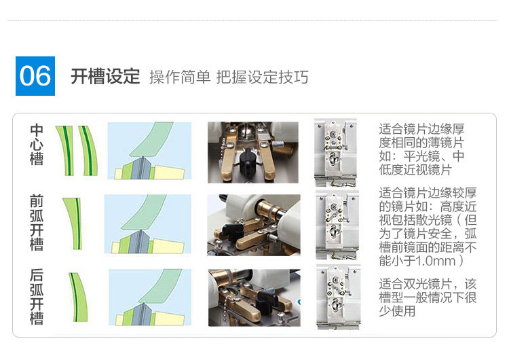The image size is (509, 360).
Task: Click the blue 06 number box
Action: [x=35, y=76]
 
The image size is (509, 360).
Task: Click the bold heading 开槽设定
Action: [x=105, y=77]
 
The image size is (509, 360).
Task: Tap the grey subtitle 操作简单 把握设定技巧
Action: [x=229, y=77]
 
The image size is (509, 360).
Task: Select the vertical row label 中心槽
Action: [x=37, y=144]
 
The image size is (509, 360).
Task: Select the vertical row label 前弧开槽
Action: [x=37, y=223]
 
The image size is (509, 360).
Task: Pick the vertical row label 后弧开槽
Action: [x=37, y=296]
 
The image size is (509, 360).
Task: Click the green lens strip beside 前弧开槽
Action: [x=74, y=223]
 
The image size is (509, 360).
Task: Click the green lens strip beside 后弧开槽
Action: [x=78, y=297]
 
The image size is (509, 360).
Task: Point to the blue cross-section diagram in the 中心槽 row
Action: [x=149, y=151]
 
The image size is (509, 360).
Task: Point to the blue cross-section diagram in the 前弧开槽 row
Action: [x=148, y=224]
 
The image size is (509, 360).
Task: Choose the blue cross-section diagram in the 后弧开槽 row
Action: [x=150, y=298]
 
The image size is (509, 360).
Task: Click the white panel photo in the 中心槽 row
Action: [x=336, y=153]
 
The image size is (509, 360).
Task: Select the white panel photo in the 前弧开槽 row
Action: [x=337, y=225]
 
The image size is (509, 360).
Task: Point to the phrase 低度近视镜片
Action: [x=415, y=170]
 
